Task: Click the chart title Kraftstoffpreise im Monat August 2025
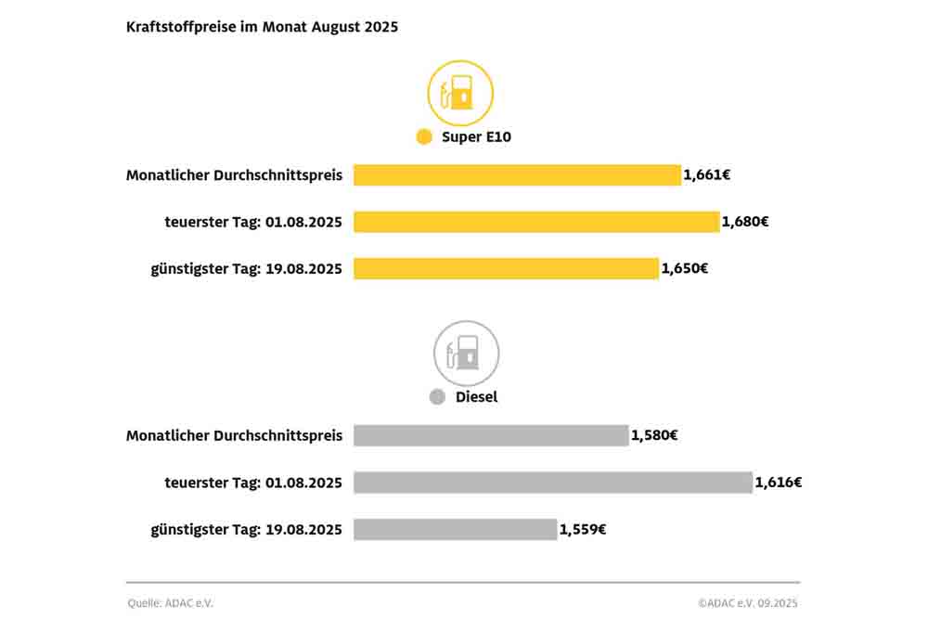point(262,27)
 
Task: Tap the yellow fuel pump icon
point(460,93)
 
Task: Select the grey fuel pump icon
point(466,353)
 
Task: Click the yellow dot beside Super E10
point(424,136)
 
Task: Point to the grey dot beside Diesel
point(437,397)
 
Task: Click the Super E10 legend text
point(476,136)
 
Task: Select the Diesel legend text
point(476,397)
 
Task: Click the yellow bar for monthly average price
point(517,174)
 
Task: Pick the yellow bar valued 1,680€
point(536,222)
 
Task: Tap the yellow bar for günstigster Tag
point(506,268)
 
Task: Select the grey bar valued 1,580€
point(491,435)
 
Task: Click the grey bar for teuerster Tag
point(552,483)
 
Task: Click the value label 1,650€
point(685,268)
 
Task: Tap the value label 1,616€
point(779,483)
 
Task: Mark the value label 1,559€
point(583,529)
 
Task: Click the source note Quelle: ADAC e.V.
point(171,603)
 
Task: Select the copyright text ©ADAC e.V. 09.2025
point(748,603)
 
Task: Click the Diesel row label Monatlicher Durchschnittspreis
point(234,435)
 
